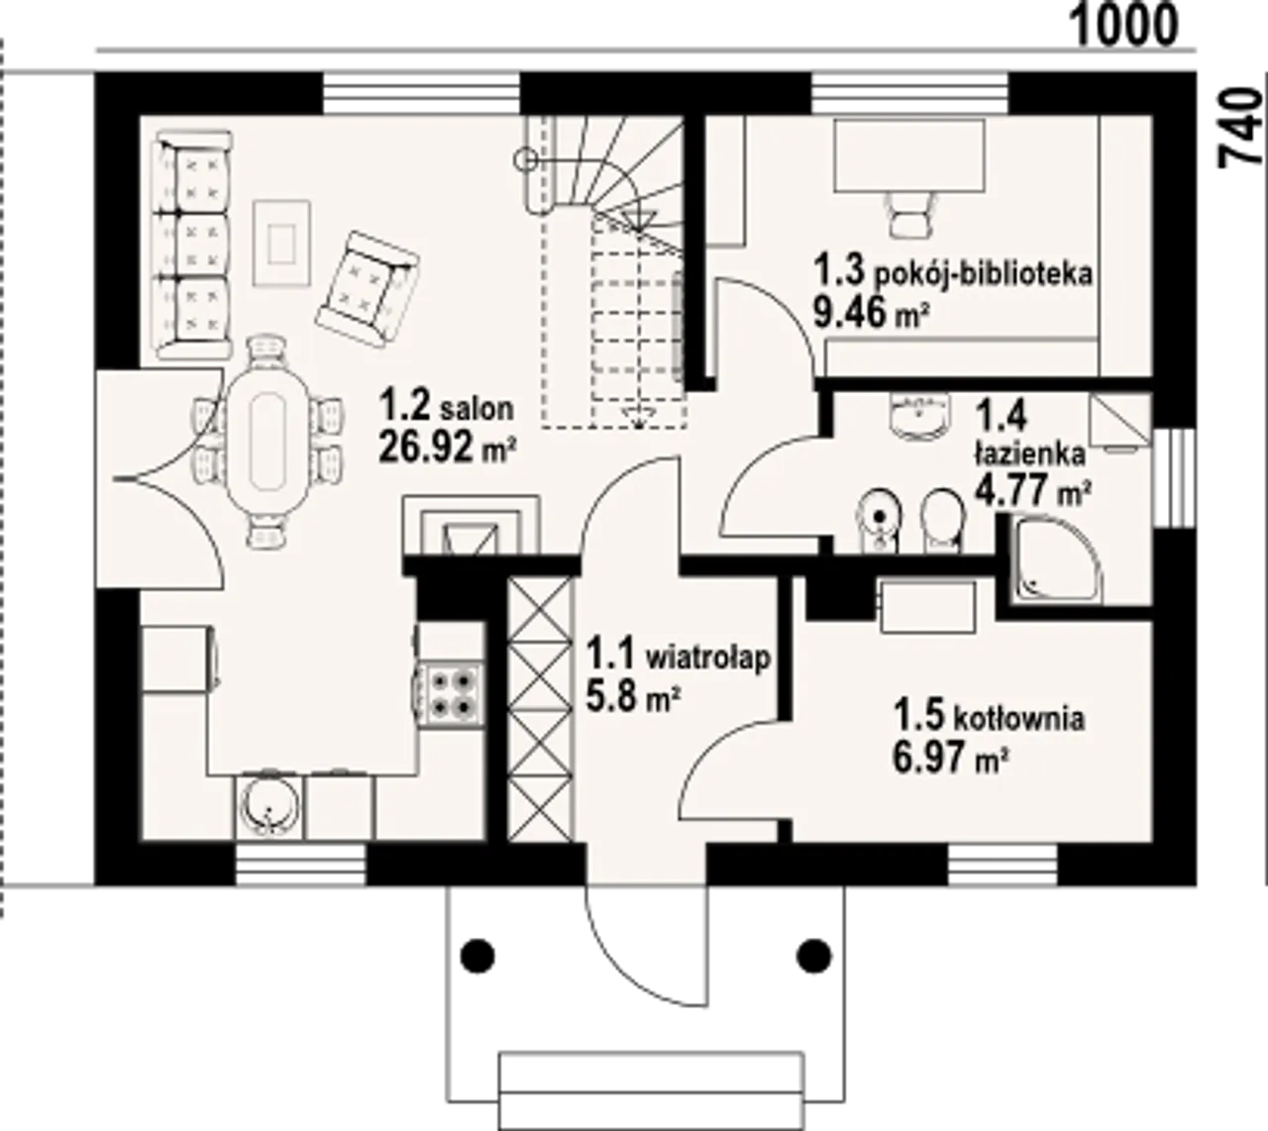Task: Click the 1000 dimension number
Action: (x=1124, y=27)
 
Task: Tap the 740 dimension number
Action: (x=1240, y=129)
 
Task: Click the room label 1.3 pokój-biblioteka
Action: (x=953, y=273)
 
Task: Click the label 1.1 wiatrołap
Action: (x=678, y=657)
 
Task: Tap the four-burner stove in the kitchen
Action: (x=451, y=695)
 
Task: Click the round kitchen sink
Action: (x=269, y=806)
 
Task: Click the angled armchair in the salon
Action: (x=368, y=290)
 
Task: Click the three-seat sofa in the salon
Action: (x=193, y=245)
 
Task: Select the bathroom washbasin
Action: (x=918, y=416)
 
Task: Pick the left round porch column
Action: (x=478, y=956)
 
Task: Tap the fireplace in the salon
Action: (x=471, y=525)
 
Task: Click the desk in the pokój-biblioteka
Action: (x=909, y=154)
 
